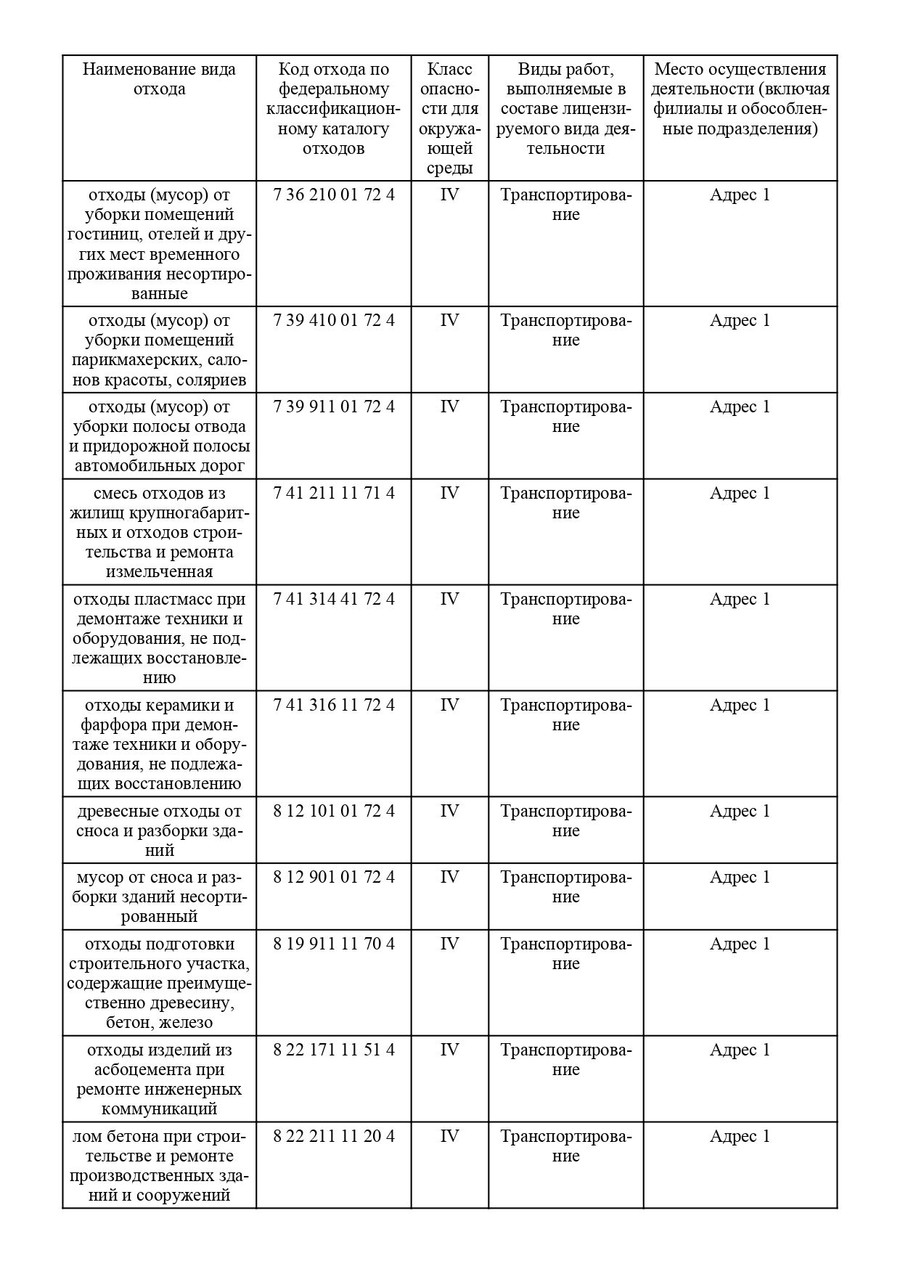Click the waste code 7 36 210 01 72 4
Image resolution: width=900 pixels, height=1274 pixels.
[334, 195]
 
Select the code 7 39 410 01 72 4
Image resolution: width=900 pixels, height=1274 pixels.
[334, 320]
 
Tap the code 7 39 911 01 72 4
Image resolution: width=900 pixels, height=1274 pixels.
[334, 407]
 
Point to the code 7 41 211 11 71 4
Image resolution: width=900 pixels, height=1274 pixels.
[334, 493]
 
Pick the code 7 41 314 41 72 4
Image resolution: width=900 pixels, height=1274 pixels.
[334, 599]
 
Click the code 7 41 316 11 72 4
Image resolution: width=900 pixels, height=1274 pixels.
[334, 705]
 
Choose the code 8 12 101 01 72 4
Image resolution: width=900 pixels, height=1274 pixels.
[334, 811]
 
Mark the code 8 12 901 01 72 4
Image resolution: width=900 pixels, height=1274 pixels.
[334, 877]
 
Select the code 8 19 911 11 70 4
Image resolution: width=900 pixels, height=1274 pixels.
[334, 944]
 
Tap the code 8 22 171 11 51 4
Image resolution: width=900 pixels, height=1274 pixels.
[334, 1050]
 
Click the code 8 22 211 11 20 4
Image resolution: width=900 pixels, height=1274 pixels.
[334, 1136]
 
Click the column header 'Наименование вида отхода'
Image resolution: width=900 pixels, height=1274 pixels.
[159, 79]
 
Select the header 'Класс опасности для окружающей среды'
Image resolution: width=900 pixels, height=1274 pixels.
[449, 118]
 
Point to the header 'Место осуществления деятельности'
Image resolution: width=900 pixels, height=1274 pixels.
[740, 99]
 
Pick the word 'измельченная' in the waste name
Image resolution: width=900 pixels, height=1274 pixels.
[159, 571]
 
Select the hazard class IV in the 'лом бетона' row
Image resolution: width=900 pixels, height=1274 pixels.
[449, 1136]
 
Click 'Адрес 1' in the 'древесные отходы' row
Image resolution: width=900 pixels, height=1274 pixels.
[740, 811]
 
